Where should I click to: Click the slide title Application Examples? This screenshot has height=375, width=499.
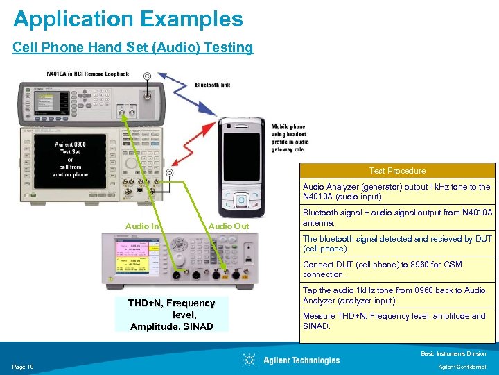(x=128, y=19)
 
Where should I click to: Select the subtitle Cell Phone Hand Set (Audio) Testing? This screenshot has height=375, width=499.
(x=133, y=48)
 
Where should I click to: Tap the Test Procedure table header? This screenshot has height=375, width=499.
(x=397, y=171)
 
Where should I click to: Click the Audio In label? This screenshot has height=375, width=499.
(x=142, y=226)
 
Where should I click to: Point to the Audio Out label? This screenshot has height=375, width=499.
(x=228, y=226)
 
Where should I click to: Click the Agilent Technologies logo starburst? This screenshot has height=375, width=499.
(x=249, y=360)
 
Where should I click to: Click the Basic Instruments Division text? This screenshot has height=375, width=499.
(x=453, y=354)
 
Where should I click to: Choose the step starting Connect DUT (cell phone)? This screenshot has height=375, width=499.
(x=397, y=269)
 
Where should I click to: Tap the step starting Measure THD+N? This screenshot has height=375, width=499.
(x=397, y=321)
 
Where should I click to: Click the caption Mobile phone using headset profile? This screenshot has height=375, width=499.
(x=290, y=137)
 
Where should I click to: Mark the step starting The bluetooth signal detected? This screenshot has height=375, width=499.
(x=397, y=244)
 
